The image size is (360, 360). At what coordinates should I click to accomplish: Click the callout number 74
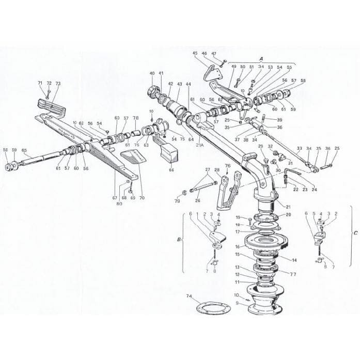point(189,296)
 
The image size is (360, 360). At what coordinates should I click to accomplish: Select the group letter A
point(261,59)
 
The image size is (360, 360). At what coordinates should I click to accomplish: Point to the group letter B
point(178,240)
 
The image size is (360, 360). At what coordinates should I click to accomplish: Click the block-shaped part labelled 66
point(169,152)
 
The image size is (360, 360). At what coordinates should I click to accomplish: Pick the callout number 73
point(58,83)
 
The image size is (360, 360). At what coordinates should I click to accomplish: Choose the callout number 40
point(152,74)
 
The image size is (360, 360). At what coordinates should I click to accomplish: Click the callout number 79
point(177,201)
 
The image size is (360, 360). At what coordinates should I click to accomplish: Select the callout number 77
point(293,274)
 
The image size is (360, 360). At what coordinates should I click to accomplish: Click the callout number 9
point(238,304)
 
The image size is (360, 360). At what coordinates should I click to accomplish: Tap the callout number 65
point(24,150)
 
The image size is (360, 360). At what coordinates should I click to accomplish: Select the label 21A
point(199,146)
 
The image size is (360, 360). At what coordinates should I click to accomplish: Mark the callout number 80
point(119,203)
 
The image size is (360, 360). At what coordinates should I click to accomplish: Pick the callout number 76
point(227,166)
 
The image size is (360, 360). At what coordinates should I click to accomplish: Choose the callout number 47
point(214,54)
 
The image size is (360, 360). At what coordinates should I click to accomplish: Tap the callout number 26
point(197,201)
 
